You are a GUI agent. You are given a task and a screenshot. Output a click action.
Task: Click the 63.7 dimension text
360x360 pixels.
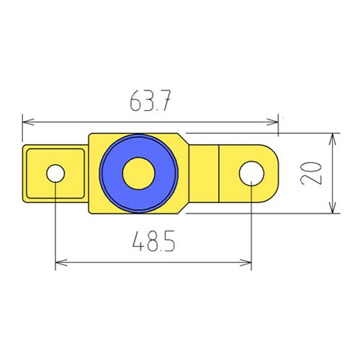[150, 102]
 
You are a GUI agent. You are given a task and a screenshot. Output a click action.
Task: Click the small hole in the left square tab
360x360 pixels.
[55, 173]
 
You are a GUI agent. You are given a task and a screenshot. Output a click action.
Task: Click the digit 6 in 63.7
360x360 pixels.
[135, 102]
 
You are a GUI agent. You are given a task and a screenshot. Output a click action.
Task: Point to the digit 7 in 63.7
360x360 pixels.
[166, 102]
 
